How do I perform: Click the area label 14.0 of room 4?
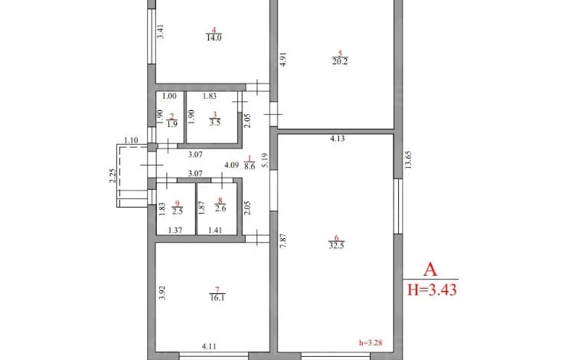(214, 38)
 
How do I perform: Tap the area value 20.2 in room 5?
(340, 61)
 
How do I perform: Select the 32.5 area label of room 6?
(336, 245)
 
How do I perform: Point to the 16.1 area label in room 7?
(217, 298)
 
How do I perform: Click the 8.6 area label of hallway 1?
(250, 166)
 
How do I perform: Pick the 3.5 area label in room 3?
(215, 123)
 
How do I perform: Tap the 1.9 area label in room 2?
(172, 124)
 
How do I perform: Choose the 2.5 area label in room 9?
(178, 211)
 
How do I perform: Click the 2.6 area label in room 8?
(220, 208)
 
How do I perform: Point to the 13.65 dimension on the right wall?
(408, 160)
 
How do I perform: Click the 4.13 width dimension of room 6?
(338, 139)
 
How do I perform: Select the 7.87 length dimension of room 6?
(283, 241)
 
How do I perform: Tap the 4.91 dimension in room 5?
(284, 59)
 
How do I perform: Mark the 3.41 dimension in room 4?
(162, 31)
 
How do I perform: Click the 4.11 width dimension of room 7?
(209, 346)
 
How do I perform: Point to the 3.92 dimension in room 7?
(162, 293)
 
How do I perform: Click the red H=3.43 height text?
(433, 290)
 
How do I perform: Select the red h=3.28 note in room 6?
(371, 342)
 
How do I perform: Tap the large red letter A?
(431, 270)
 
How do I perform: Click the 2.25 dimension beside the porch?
(113, 176)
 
